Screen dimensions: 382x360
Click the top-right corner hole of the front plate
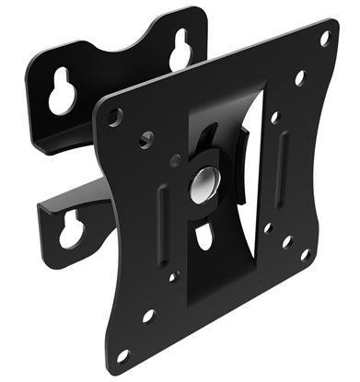325,39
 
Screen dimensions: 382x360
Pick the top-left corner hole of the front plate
113,118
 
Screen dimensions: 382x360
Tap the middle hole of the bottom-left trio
147,316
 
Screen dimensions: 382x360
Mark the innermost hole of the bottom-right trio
267,226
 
